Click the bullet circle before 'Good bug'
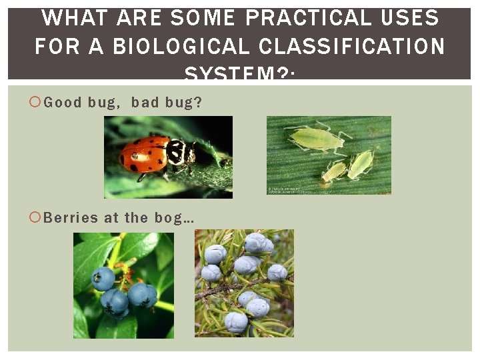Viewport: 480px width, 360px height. [35, 102]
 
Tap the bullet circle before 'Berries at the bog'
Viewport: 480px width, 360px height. [35, 217]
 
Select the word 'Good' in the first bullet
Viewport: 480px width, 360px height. [63, 102]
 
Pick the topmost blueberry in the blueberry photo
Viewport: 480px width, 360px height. [103, 278]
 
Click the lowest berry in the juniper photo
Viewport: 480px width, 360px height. [235, 322]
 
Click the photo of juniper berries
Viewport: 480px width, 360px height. [244, 283]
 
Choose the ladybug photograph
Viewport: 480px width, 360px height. [168, 157]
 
